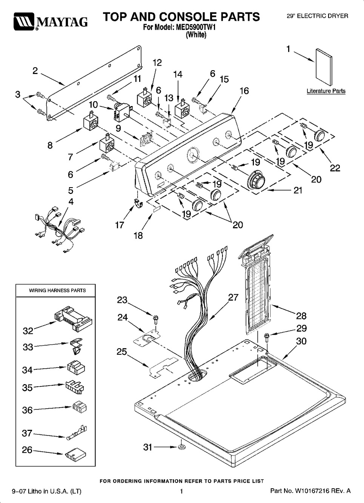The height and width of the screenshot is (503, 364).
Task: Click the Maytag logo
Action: click(51, 22)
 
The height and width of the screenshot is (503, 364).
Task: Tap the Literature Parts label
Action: click(326, 91)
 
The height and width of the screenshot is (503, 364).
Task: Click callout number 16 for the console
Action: click(244, 91)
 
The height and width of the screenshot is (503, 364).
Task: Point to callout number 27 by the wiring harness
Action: click(233, 297)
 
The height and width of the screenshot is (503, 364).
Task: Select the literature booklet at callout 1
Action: click(324, 67)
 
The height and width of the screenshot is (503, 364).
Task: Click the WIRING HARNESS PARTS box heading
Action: click(57, 290)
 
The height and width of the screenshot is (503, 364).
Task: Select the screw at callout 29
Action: click(267, 337)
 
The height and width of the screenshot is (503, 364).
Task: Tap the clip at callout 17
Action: click(138, 204)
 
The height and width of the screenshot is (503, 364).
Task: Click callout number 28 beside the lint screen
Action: click(301, 316)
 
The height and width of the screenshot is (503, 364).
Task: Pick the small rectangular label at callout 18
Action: click(157, 209)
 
